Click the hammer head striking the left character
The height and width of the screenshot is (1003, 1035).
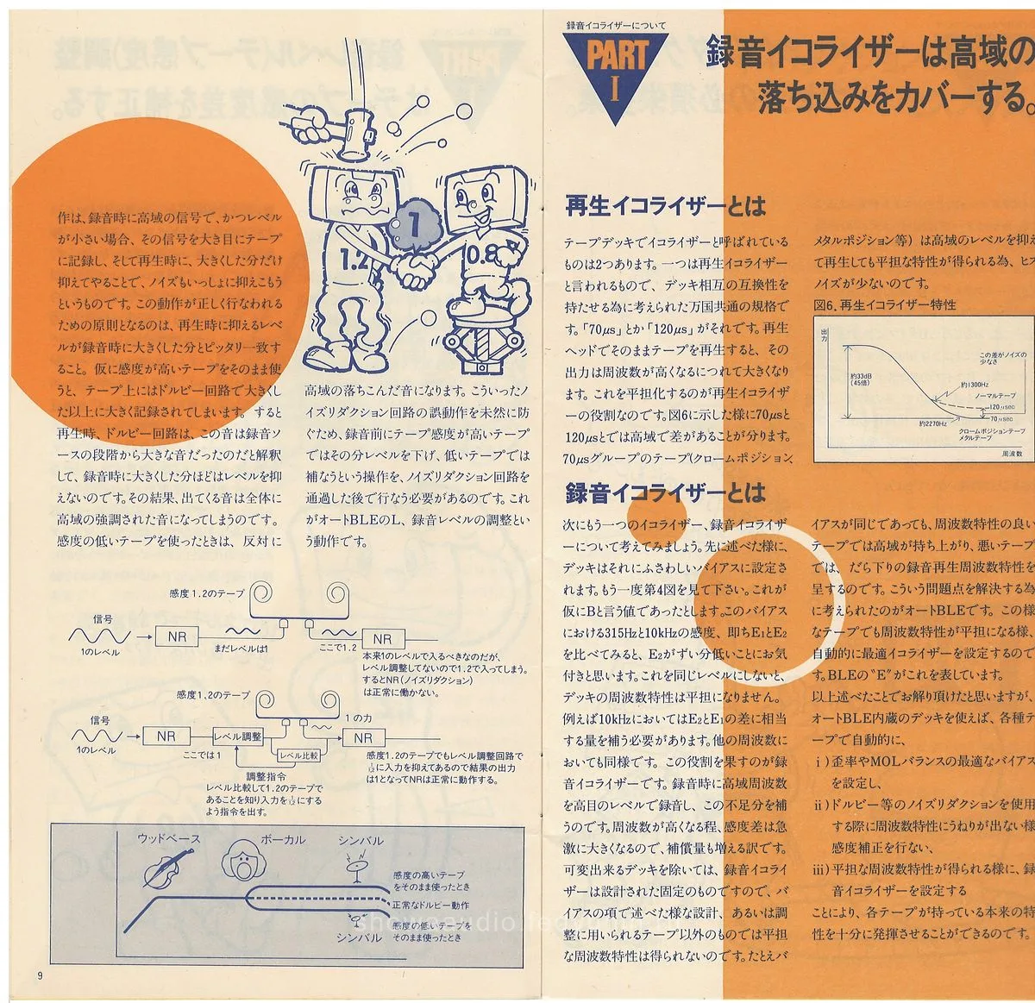click(354, 138)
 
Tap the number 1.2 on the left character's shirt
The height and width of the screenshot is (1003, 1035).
click(355, 258)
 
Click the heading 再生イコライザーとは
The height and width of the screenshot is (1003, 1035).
click(664, 206)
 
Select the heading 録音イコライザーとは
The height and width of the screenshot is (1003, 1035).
click(664, 492)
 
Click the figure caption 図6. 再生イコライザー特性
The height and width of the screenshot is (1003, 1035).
click(884, 304)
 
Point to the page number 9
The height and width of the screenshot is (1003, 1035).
click(40, 975)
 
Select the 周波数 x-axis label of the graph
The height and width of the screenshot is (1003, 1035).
click(1012, 452)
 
